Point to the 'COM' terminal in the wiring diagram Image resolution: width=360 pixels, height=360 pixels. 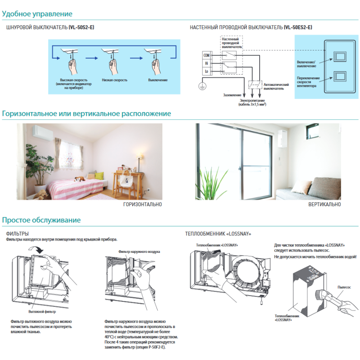207,55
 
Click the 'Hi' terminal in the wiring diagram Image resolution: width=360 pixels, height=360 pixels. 207,63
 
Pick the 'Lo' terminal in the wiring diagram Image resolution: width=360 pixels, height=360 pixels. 207,72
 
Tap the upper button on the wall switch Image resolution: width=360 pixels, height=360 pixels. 340,56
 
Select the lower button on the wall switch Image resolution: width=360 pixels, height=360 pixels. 340,76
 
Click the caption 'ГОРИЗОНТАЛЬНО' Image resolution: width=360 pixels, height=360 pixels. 142,204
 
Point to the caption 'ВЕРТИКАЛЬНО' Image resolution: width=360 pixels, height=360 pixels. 324,204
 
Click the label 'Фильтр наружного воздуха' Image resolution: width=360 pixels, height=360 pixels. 139,252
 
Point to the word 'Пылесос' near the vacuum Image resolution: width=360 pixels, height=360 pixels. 344,286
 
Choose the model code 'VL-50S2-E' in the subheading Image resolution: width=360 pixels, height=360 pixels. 81,27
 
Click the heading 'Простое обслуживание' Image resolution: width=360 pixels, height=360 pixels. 41,220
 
